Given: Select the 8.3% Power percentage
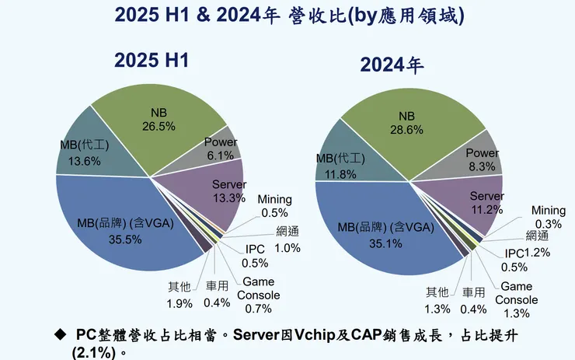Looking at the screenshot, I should click(x=482, y=166).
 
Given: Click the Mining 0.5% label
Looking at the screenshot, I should click(x=274, y=207).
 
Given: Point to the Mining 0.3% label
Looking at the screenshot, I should click(x=548, y=217).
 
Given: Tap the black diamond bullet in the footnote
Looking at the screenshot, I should click(x=61, y=334).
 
